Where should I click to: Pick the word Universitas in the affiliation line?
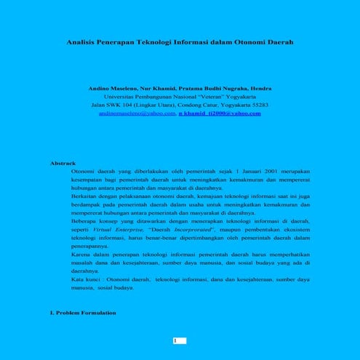tap(122, 96)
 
